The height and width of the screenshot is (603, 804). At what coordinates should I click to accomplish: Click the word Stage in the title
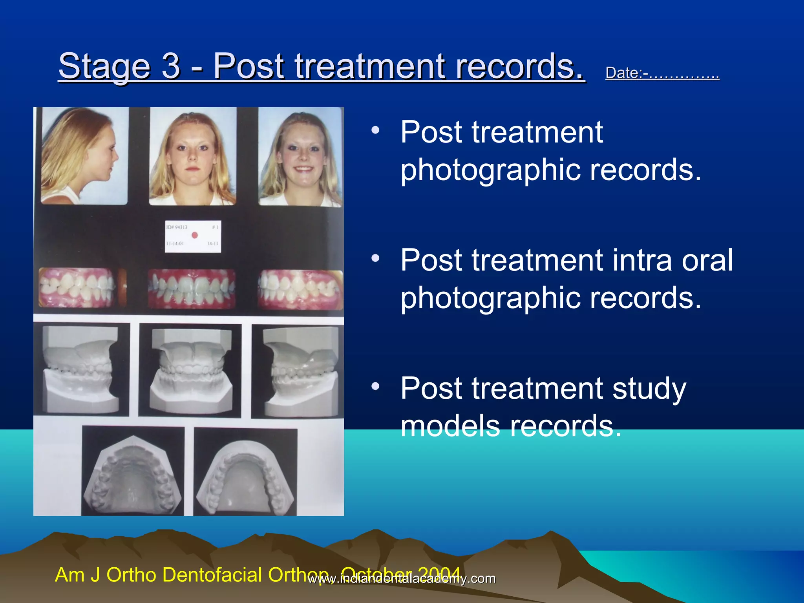click(x=104, y=67)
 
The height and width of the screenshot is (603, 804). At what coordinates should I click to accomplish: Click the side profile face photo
click(x=84, y=156)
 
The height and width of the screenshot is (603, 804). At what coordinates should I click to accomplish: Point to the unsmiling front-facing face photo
click(x=192, y=156)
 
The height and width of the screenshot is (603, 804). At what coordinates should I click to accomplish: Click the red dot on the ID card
click(x=194, y=235)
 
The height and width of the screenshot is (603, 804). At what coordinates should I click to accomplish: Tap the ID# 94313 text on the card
click(x=177, y=227)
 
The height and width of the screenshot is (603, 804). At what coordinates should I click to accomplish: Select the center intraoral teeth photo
click(x=192, y=289)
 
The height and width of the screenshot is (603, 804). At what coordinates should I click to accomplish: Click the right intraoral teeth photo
click(x=300, y=289)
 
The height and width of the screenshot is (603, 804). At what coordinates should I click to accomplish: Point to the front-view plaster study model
click(x=191, y=369)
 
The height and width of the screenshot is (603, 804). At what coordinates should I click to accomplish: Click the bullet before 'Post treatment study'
click(x=376, y=386)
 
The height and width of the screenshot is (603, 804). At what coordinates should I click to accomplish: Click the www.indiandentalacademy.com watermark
click(x=402, y=579)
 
